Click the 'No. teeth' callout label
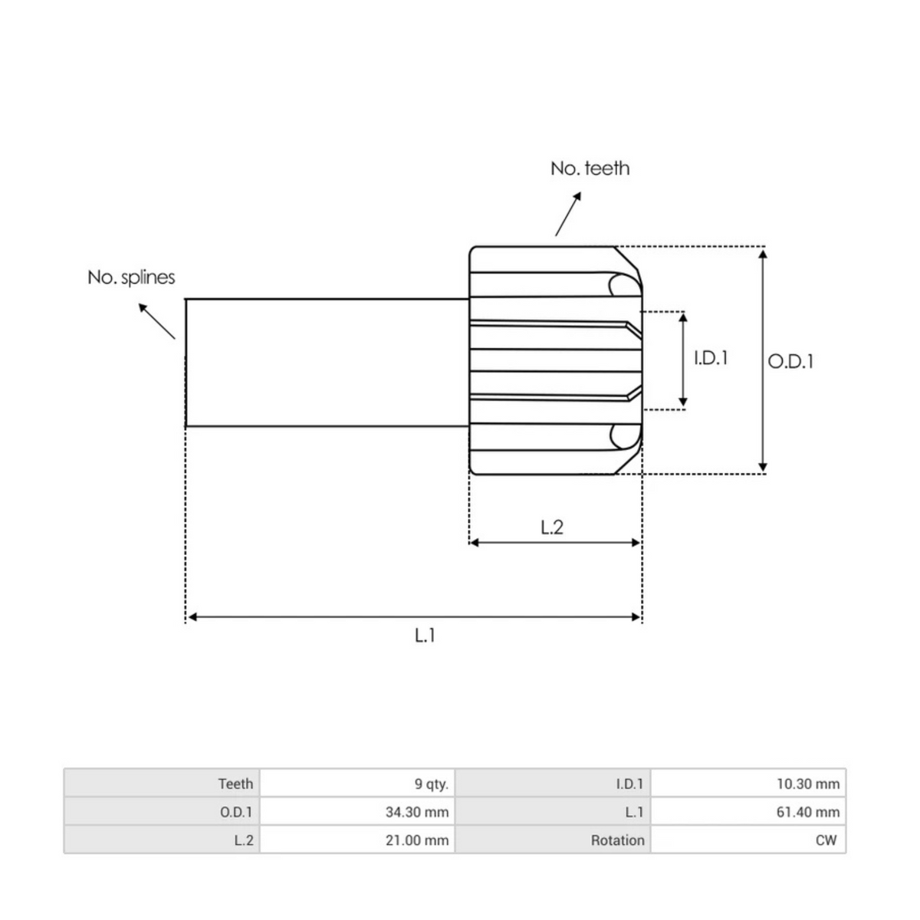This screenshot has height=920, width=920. [x=590, y=168]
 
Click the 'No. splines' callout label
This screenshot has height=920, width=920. [x=131, y=278]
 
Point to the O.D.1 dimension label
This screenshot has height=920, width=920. [x=790, y=361]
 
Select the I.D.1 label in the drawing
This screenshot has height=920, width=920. [x=711, y=358]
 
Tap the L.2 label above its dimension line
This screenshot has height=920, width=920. [x=552, y=527]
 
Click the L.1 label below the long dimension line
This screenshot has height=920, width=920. [x=425, y=635]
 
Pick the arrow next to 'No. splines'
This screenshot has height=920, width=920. [x=156, y=320]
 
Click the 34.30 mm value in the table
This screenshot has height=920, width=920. [x=417, y=812]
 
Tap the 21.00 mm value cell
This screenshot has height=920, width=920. [x=417, y=840]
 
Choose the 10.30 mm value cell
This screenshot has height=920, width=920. [x=807, y=784]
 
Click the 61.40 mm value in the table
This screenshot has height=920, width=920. [x=807, y=812]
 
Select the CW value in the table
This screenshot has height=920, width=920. [x=826, y=840]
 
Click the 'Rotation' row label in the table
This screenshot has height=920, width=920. [x=617, y=840]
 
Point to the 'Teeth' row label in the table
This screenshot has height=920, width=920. [x=235, y=784]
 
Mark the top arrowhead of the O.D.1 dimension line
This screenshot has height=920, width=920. [x=762, y=254]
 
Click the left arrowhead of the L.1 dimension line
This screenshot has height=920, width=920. [x=192, y=616]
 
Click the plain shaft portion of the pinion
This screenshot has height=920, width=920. [x=327, y=363]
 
